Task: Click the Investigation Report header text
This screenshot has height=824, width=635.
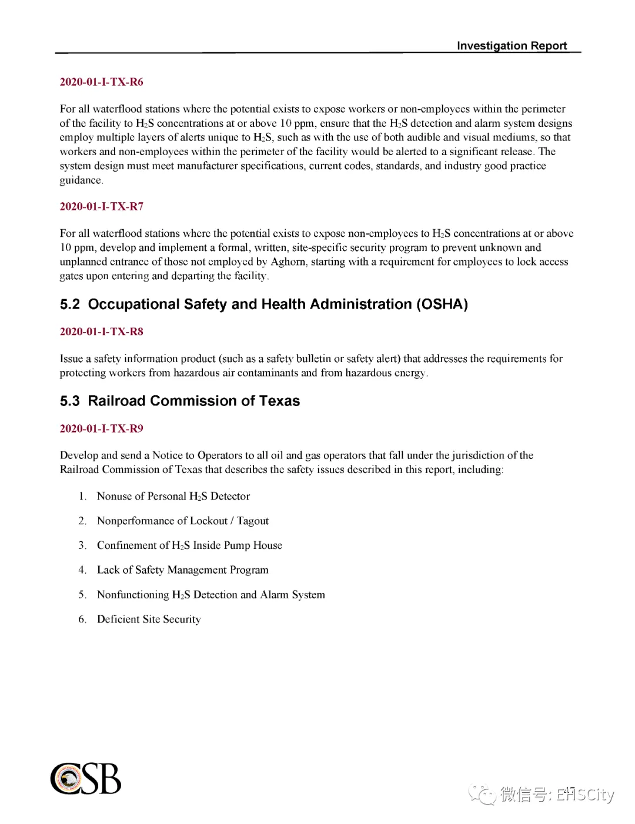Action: (512, 46)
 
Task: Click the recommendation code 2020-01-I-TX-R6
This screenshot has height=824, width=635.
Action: (101, 82)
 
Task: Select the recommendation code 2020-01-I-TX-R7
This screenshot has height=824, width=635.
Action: (101, 206)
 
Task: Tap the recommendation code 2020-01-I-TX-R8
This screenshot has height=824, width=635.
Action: (101, 331)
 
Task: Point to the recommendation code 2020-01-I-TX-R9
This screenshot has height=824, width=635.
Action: (101, 428)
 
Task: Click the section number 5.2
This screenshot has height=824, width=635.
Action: (69, 304)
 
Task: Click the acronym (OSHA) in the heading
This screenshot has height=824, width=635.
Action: (442, 304)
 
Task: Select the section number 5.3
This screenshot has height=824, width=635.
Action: (69, 401)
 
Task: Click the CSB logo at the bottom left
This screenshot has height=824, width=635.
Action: (86, 779)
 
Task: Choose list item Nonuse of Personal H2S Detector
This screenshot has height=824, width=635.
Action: (173, 497)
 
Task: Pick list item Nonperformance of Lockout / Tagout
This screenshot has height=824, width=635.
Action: (183, 521)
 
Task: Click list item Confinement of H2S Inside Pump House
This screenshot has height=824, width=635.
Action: (189, 545)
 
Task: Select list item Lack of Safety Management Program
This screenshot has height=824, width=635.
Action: (183, 570)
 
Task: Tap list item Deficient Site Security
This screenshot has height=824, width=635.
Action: (149, 619)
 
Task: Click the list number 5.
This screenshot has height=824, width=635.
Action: (82, 595)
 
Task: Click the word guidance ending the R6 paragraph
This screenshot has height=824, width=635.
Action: (81, 180)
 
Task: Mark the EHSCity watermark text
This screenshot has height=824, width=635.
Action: (585, 795)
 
